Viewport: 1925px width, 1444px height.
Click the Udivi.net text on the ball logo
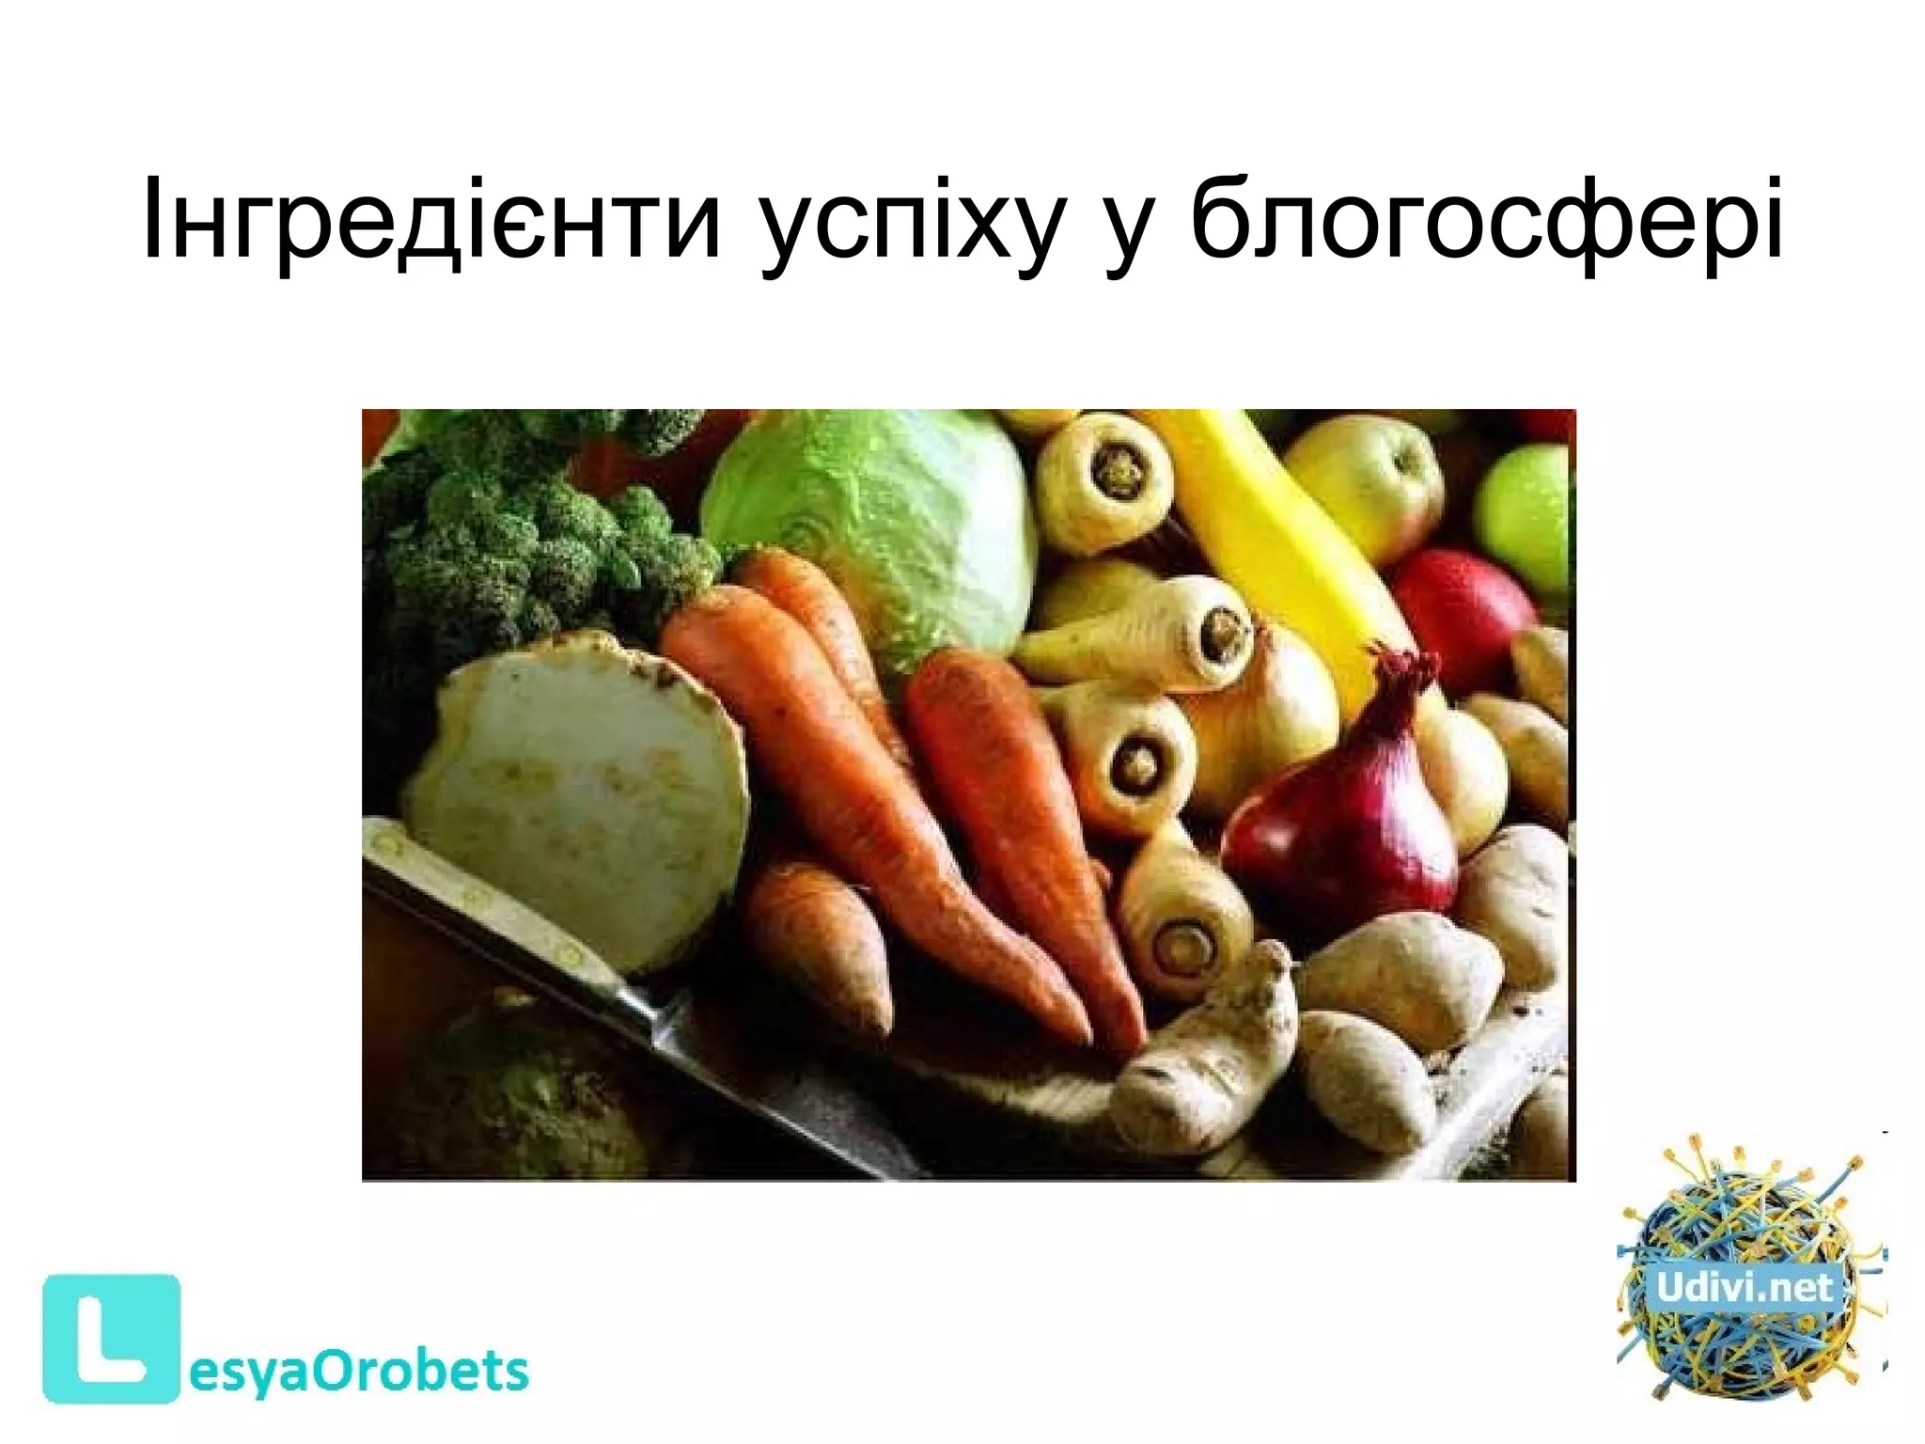pyautogui.click(x=1745, y=1287)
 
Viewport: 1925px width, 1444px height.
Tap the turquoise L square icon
pyautogui.click(x=111, y=1338)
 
